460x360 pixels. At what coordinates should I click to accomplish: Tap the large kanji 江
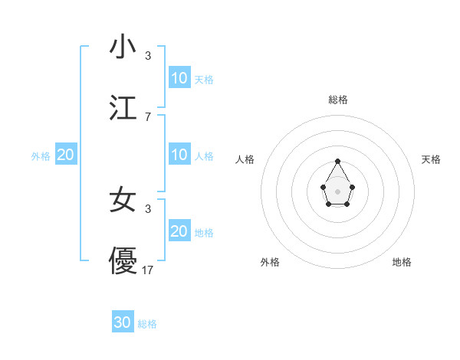tap(123, 108)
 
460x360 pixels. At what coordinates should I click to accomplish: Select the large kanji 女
tap(123, 200)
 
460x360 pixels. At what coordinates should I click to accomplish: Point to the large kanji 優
tap(123, 261)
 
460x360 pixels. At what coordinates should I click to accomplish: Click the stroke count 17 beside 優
tap(149, 270)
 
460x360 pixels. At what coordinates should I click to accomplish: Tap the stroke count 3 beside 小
tap(148, 55)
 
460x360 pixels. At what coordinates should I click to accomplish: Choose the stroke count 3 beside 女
tap(148, 208)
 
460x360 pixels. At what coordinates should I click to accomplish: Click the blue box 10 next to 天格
tap(179, 78)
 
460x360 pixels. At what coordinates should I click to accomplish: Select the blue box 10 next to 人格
tap(179, 155)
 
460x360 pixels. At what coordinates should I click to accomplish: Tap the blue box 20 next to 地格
tap(179, 231)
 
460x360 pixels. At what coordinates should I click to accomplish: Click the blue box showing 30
tap(123, 322)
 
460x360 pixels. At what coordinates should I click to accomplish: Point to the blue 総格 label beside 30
tap(147, 324)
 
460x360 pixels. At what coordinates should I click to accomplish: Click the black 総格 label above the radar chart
tap(338, 100)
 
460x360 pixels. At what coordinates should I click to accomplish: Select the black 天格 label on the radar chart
tap(432, 159)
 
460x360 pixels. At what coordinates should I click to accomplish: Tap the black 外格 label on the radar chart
tap(270, 262)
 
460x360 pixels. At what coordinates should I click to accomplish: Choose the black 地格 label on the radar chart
tap(402, 262)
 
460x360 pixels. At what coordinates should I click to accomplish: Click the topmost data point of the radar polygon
tap(337, 161)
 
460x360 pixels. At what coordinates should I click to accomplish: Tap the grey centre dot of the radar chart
tap(337, 191)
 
